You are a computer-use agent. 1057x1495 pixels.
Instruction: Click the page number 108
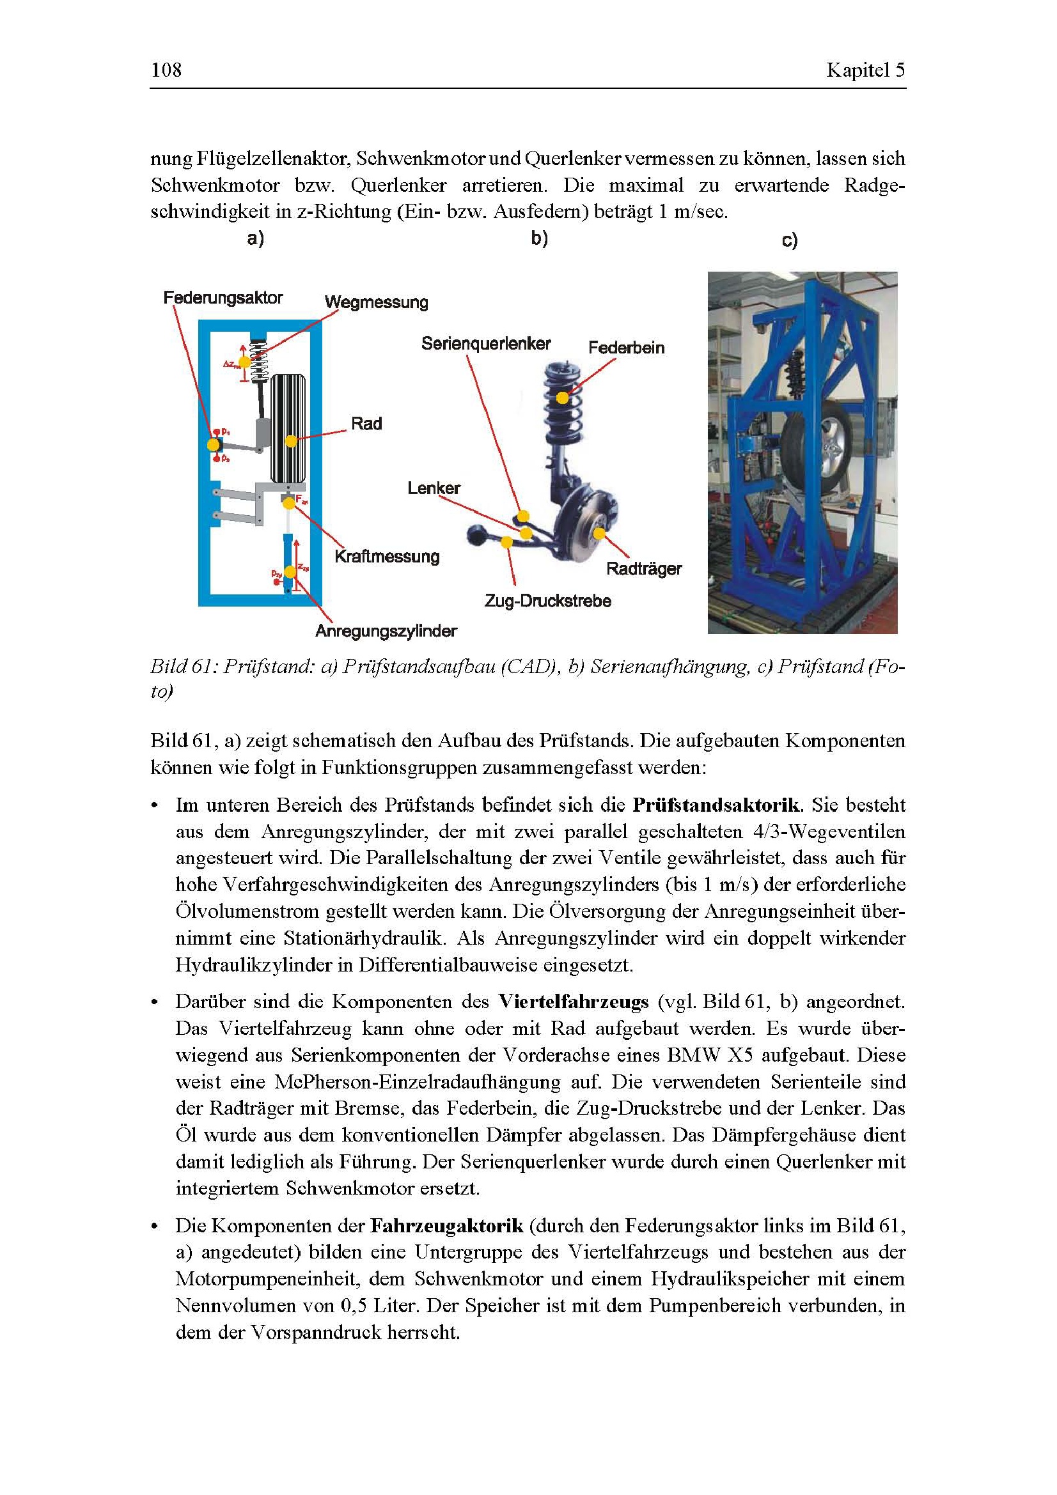click(166, 70)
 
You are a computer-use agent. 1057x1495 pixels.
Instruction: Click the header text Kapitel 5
click(865, 70)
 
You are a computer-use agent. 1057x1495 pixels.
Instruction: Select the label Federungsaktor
click(223, 298)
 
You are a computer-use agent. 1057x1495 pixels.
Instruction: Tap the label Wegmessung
click(377, 302)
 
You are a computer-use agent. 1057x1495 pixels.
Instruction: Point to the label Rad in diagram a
click(366, 424)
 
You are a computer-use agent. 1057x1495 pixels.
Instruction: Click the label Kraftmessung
click(387, 557)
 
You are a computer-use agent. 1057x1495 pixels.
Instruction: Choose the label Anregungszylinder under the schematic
click(386, 631)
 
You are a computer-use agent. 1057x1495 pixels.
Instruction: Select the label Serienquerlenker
click(486, 344)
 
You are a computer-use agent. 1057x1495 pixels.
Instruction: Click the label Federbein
click(626, 348)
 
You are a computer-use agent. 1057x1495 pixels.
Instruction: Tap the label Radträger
click(643, 569)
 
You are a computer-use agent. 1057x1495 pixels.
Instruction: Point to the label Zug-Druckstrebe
click(548, 601)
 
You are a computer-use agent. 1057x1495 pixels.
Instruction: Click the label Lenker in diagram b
click(434, 488)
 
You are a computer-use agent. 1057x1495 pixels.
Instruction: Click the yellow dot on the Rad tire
click(291, 442)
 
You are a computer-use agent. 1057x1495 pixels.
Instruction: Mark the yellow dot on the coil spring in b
click(562, 397)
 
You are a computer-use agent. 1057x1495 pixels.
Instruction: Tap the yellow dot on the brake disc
click(599, 534)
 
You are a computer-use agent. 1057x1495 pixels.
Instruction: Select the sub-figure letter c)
click(789, 242)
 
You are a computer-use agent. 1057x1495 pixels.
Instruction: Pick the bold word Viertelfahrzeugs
click(573, 1002)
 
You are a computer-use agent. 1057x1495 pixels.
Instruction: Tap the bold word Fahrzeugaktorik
click(447, 1226)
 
